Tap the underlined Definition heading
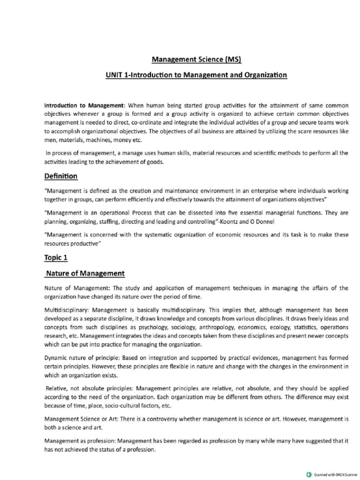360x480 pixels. pos(61,176)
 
